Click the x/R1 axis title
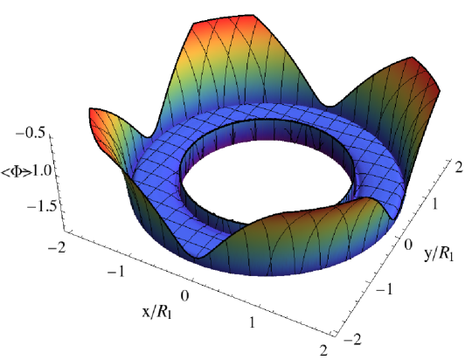pyautogui.click(x=156, y=312)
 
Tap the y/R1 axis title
pyautogui.click(x=439, y=254)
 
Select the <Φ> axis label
pyautogui.click(x=16, y=172)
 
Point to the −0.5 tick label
pyautogui.click(x=31, y=133)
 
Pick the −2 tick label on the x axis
pyautogui.click(x=56, y=246)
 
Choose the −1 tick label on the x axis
pyautogui.click(x=116, y=271)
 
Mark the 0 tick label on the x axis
pyautogui.click(x=184, y=295)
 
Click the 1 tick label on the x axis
pyautogui.click(x=252, y=322)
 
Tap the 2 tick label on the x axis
pyautogui.click(x=323, y=350)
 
